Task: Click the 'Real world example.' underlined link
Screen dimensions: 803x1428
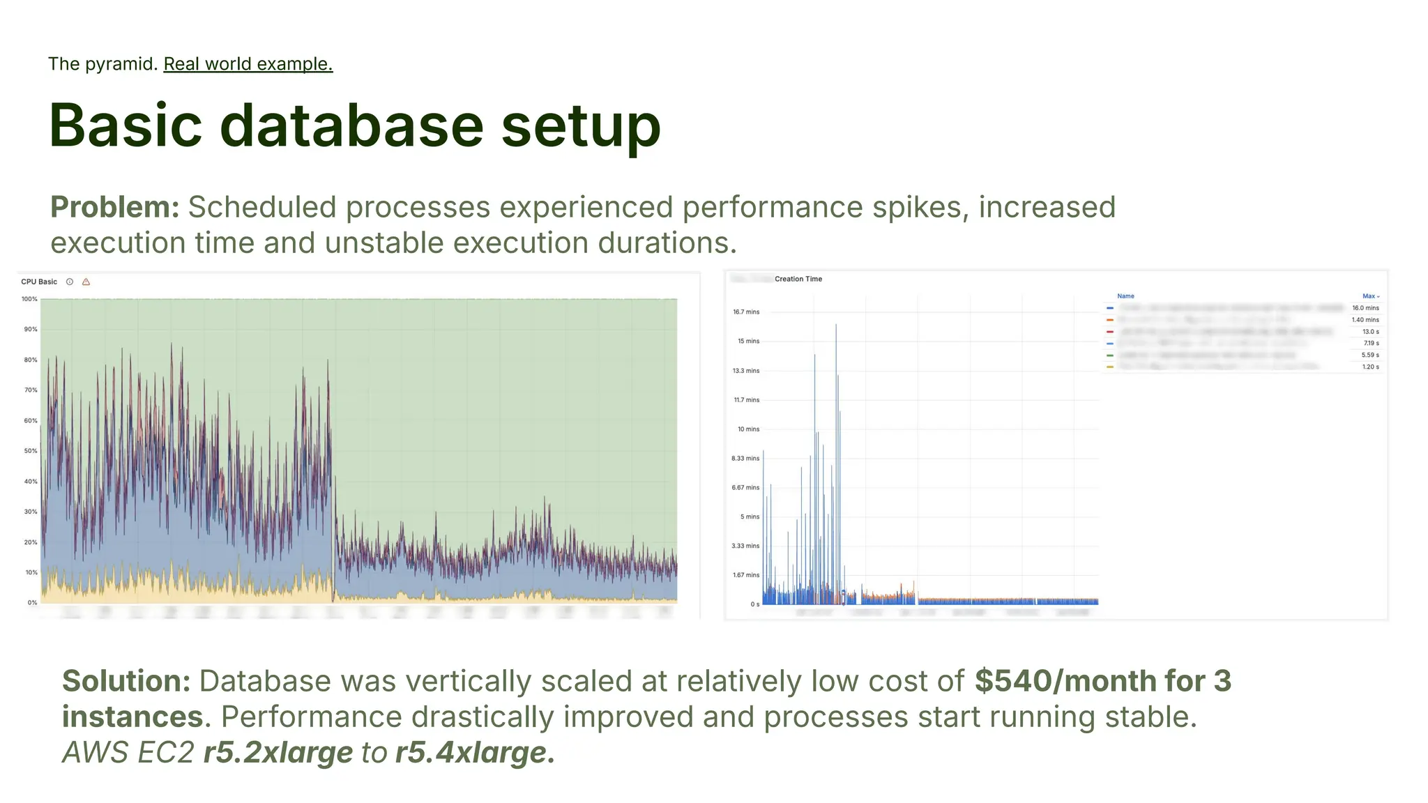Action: pyautogui.click(x=248, y=64)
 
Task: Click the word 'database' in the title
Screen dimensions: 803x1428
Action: pyautogui.click(x=351, y=125)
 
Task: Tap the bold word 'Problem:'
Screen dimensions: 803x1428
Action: pyautogui.click(x=115, y=207)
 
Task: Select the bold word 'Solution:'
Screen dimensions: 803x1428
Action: pyautogui.click(x=126, y=681)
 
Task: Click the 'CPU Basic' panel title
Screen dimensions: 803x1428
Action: pyautogui.click(x=39, y=282)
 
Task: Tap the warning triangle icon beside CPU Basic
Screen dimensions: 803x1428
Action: pyautogui.click(x=86, y=282)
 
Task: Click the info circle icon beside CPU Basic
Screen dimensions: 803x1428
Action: pyautogui.click(x=70, y=282)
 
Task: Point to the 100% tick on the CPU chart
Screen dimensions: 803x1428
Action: pyautogui.click(x=29, y=299)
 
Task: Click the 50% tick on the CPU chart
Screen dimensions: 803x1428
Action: pyautogui.click(x=31, y=451)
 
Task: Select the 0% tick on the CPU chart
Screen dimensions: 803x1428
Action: pyautogui.click(x=32, y=602)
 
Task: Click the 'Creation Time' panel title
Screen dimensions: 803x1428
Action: pyautogui.click(x=798, y=279)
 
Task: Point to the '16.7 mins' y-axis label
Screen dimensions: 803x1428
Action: pyautogui.click(x=745, y=312)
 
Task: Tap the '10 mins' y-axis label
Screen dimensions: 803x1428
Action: pyautogui.click(x=748, y=429)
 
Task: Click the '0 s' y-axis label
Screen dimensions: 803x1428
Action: pyautogui.click(x=754, y=604)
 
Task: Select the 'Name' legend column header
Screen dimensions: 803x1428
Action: pyautogui.click(x=1125, y=296)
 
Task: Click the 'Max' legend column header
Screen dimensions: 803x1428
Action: pyautogui.click(x=1369, y=296)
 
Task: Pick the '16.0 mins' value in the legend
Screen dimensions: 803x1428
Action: pyautogui.click(x=1365, y=307)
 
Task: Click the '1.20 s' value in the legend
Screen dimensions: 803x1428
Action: pyautogui.click(x=1370, y=367)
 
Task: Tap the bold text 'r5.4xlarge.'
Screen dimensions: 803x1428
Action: pyautogui.click(x=475, y=753)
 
